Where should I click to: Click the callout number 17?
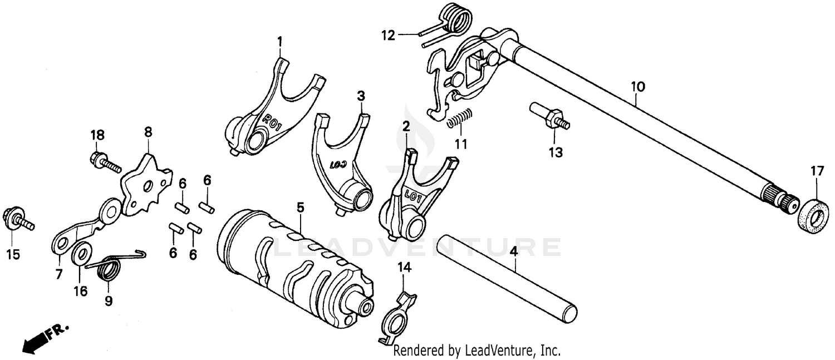click(816, 172)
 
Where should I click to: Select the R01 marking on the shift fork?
click(272, 119)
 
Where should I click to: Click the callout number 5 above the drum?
click(301, 208)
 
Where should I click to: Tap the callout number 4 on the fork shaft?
click(514, 251)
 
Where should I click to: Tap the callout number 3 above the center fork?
click(361, 96)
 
